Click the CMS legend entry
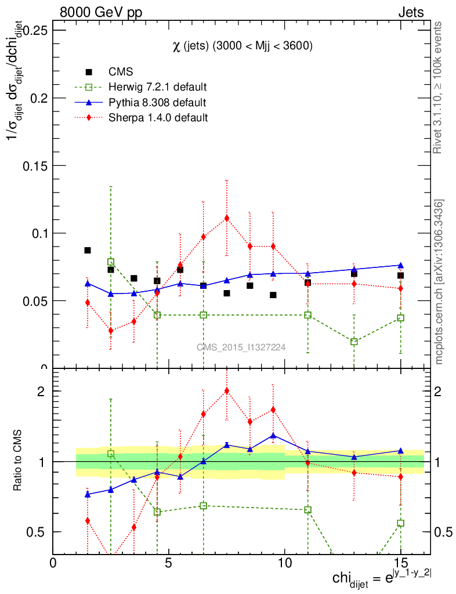click(x=121, y=72)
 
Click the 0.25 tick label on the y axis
click(x=34, y=30)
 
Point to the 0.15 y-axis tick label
click(x=34, y=165)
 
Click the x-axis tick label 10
click(x=284, y=562)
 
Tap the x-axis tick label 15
click(x=400, y=562)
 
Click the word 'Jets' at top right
click(x=411, y=12)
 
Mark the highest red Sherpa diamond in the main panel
click(x=227, y=218)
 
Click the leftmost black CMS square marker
click(x=88, y=250)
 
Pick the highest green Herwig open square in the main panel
click(x=111, y=262)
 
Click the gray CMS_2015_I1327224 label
click(x=241, y=347)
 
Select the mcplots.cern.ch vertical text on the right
click(x=439, y=282)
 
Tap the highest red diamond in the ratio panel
click(x=227, y=390)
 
